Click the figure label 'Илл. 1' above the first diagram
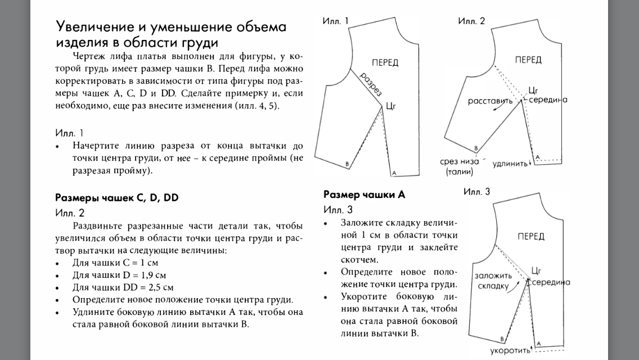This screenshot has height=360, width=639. click(x=336, y=21)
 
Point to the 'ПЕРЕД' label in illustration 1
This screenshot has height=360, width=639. click(x=385, y=62)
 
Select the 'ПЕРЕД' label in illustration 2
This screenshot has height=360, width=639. click(x=528, y=60)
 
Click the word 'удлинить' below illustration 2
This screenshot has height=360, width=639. click(x=510, y=164)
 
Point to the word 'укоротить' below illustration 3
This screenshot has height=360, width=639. click(x=510, y=351)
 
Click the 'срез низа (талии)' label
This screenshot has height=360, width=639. click(x=460, y=166)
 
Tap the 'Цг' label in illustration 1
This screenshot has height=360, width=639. click(x=391, y=105)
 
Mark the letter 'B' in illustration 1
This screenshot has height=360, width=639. click(x=347, y=163)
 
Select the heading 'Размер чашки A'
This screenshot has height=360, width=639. click(x=364, y=195)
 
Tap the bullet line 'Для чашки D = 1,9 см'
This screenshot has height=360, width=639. click(x=119, y=275)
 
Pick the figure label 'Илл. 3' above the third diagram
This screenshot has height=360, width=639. click(x=476, y=192)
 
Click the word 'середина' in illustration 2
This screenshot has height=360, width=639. click(x=547, y=100)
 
